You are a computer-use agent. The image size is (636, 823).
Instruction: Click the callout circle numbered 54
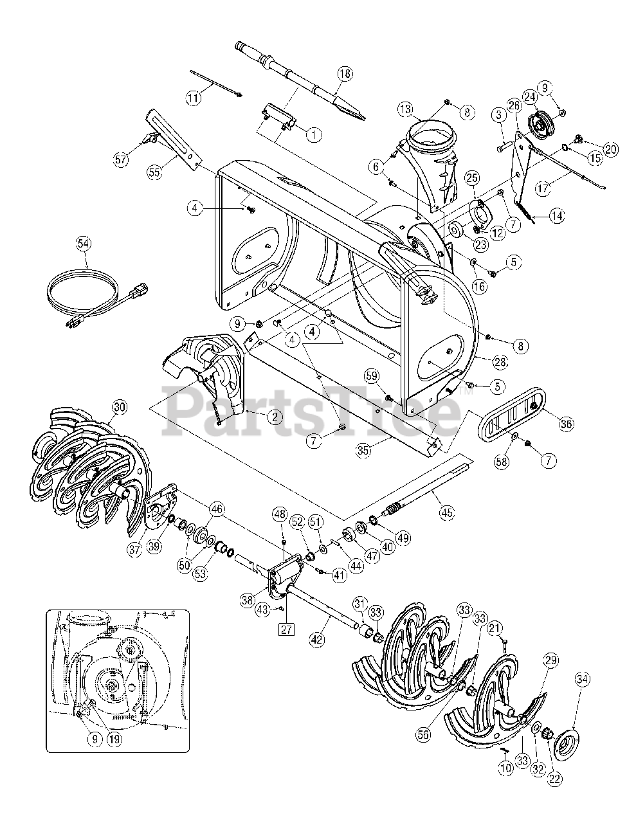coord(84,244)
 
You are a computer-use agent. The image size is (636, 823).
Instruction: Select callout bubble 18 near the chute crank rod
coord(345,74)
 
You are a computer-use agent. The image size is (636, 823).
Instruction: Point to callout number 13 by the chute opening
coord(405,110)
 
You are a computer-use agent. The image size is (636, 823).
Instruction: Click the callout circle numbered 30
coord(120,408)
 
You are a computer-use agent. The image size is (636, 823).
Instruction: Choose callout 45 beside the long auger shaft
coord(447,512)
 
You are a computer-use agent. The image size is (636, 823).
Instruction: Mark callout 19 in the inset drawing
coord(114,739)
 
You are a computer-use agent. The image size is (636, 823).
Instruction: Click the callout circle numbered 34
coord(583,680)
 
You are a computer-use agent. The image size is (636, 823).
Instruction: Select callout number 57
coord(120,160)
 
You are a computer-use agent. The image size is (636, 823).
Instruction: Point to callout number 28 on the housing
coord(500,362)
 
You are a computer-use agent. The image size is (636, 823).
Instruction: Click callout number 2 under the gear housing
coord(275,417)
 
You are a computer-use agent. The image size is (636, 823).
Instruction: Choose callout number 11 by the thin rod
coord(194,98)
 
